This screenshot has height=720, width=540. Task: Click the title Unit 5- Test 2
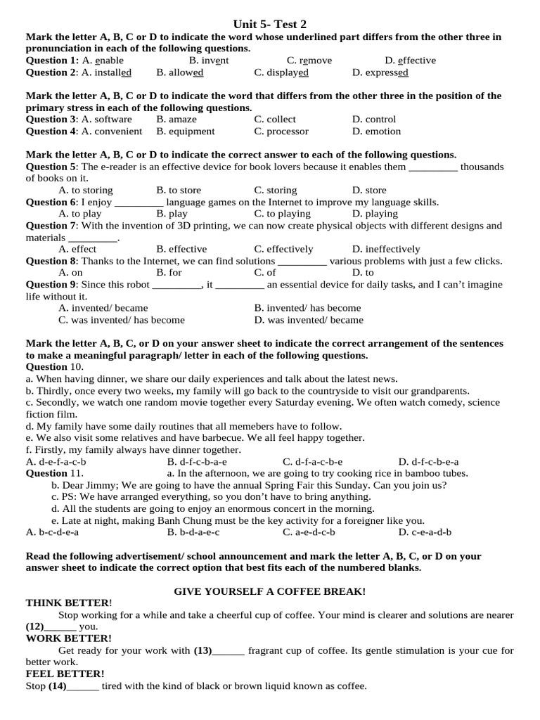tap(269, 25)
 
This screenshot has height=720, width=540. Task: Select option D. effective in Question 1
tap(410, 60)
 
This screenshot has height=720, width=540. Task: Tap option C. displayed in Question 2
tap(281, 72)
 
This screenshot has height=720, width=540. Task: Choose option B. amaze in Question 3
tap(176, 120)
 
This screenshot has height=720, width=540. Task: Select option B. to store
tap(179, 191)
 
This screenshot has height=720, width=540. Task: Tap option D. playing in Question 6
tap(375, 214)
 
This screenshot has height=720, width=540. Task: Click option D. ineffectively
tap(386, 250)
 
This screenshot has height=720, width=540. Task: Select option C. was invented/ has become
tap(122, 321)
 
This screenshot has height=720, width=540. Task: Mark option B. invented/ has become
tap(307, 309)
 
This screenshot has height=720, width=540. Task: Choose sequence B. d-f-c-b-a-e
tap(197, 463)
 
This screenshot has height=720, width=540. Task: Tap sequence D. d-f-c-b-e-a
tap(428, 463)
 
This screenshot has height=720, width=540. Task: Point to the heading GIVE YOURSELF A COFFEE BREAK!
tap(269, 592)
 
